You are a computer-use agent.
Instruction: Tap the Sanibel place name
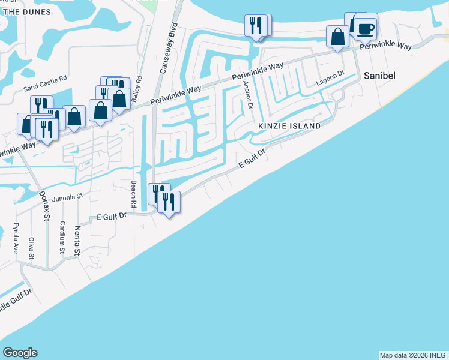pos(378,76)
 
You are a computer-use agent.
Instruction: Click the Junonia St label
pos(71,196)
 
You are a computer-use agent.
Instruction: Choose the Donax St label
pos(46,206)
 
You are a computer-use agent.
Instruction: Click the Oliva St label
pos(31,247)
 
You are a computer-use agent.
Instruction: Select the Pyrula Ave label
pos(16,239)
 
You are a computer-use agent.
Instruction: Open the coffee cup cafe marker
pos(365,28)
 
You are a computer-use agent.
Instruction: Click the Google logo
pos(20,353)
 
